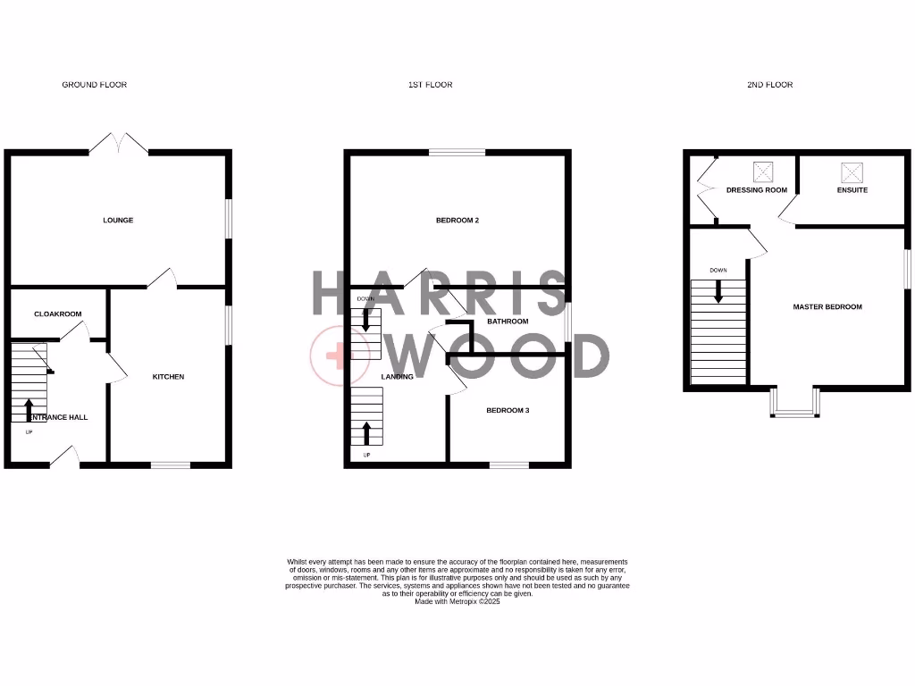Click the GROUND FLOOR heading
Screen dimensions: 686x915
tap(94, 85)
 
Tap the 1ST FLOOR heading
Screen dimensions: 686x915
tap(430, 85)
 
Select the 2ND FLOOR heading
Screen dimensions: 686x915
tap(769, 85)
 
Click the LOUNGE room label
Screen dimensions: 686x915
tap(118, 220)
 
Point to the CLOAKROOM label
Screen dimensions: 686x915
tap(58, 314)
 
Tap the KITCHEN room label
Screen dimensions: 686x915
tap(168, 377)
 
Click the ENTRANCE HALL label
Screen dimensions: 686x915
tap(59, 417)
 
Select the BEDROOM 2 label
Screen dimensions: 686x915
tap(457, 220)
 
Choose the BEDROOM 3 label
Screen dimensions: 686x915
tap(508, 411)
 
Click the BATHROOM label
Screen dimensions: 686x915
tap(508, 322)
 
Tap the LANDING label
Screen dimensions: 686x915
tap(397, 377)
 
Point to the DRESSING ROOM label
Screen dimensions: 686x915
tap(757, 190)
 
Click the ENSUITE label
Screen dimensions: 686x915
tap(852, 190)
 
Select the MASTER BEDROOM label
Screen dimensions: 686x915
tap(827, 307)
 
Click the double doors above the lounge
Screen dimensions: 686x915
tap(118, 144)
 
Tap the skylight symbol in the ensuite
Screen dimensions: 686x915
tap(848, 171)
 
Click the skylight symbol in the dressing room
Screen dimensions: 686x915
tap(762, 171)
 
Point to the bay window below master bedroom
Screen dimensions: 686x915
tap(793, 404)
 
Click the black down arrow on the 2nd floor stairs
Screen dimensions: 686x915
tap(718, 291)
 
